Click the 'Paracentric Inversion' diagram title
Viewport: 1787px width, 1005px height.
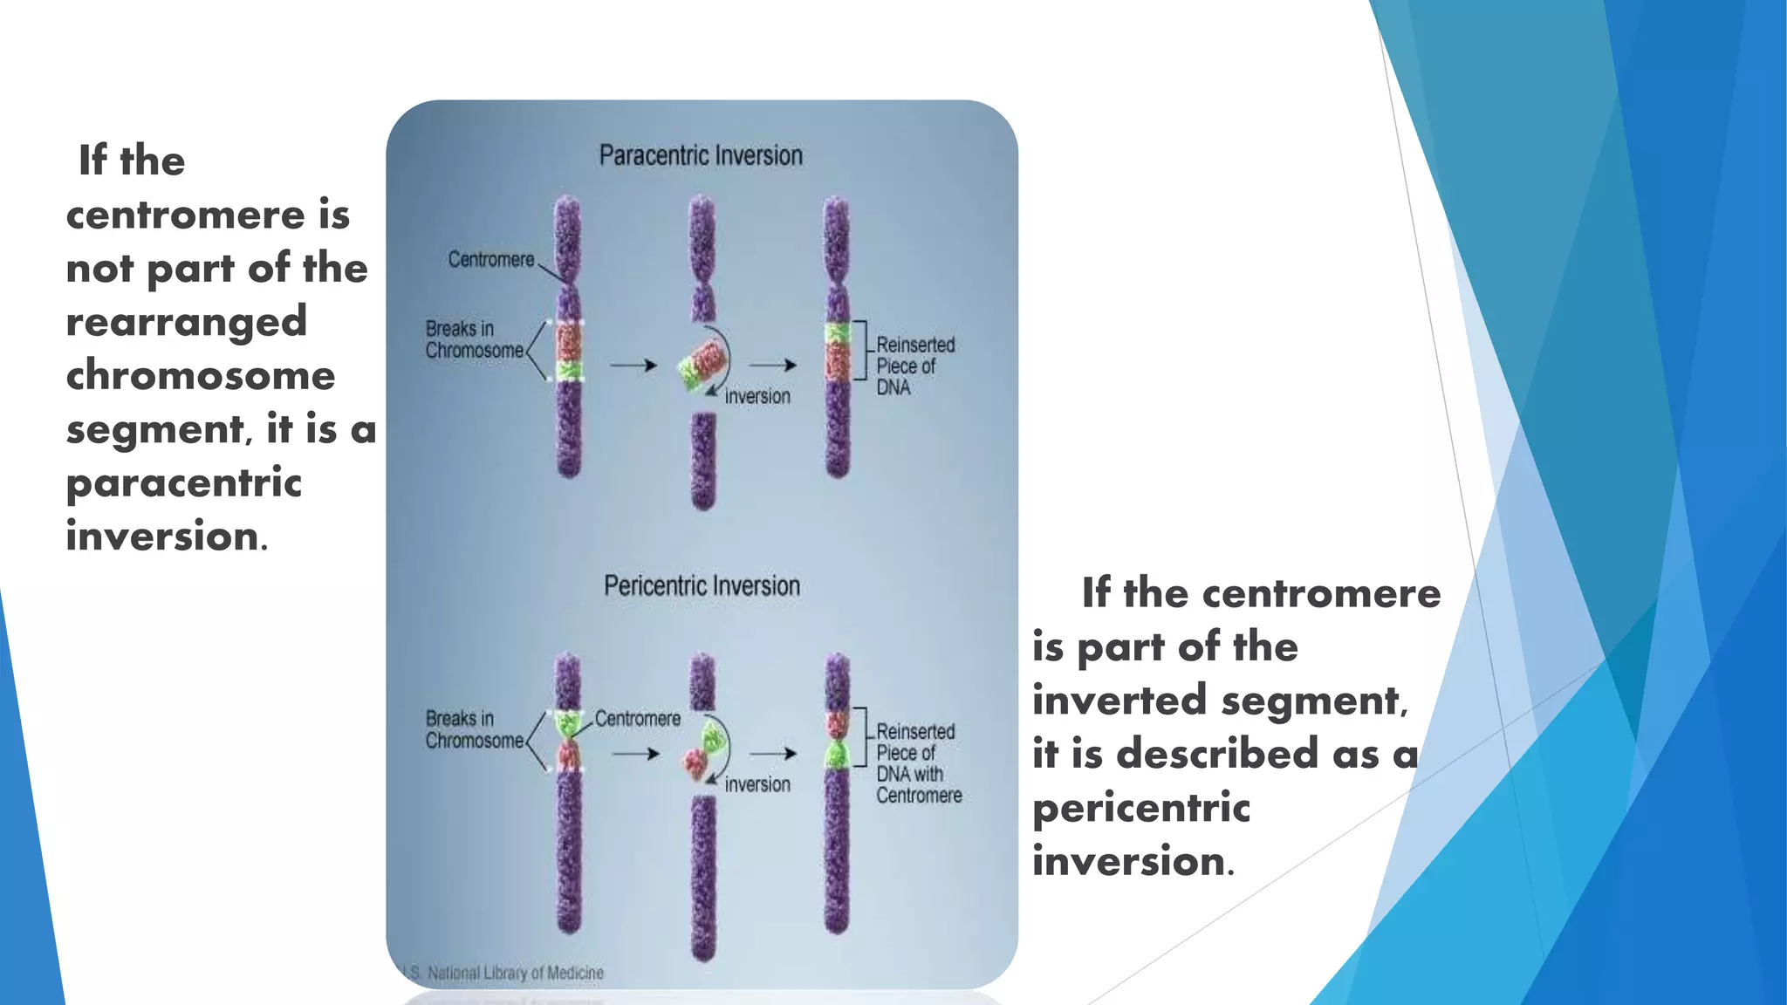coord(701,156)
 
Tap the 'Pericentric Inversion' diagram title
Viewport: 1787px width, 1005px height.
coord(702,585)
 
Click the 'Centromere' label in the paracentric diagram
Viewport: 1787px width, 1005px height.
coord(491,260)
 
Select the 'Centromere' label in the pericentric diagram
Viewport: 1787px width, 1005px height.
coord(638,719)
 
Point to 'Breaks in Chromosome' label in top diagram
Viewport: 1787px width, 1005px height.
coord(474,339)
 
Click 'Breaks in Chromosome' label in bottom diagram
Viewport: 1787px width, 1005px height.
coord(474,729)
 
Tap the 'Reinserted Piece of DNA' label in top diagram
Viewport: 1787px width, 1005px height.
coord(915,366)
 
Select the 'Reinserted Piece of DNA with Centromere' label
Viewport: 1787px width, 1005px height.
coord(918,763)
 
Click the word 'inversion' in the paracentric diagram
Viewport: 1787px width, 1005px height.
coord(757,397)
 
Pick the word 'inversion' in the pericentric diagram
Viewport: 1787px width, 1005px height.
coord(757,784)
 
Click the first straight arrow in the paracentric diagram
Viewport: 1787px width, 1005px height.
coord(633,365)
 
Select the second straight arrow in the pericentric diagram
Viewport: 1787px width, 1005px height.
coord(773,753)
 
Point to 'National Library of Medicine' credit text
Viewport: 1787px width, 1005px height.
coord(515,973)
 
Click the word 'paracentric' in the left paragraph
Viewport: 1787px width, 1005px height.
coord(184,483)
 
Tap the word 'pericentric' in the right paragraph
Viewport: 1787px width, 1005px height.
coord(1141,808)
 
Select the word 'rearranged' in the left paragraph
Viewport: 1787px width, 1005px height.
coord(187,322)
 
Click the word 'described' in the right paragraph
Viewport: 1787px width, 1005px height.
coord(1216,754)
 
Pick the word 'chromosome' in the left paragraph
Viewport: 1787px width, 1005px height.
coord(201,376)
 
